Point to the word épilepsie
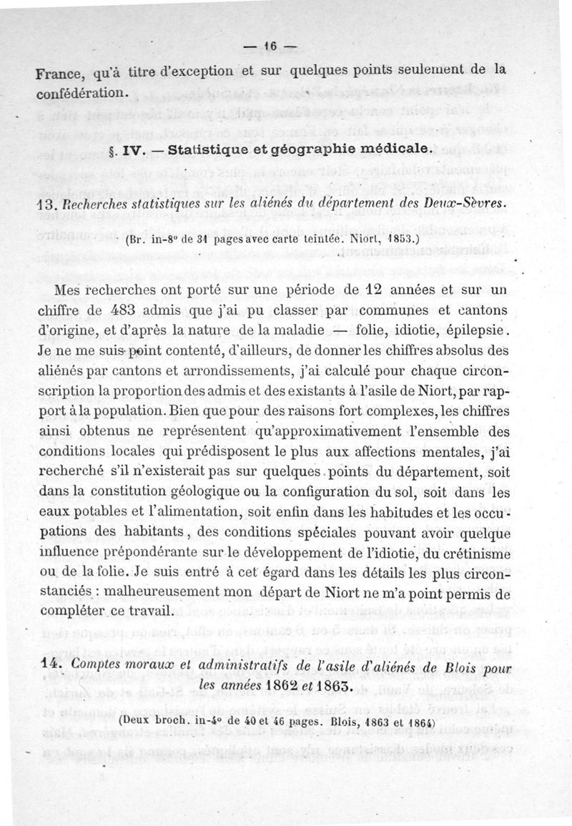[473, 330]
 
